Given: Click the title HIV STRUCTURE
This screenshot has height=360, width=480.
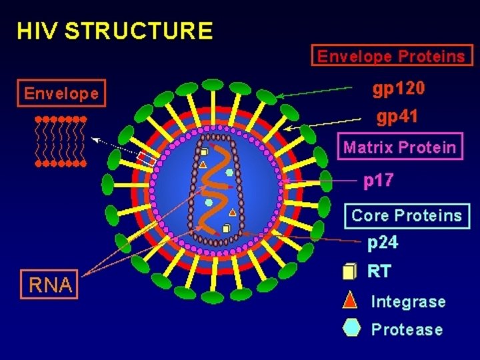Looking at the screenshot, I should point(115,31).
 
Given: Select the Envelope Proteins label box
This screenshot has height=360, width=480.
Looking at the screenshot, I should point(391,56).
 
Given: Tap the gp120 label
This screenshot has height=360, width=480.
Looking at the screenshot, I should point(398,89).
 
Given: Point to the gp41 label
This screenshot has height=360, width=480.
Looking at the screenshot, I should point(397,118).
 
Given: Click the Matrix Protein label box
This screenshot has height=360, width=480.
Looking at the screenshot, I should point(400,147).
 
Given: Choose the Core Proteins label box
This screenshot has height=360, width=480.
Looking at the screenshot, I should point(407,215).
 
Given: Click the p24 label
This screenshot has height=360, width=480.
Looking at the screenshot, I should point(383,243).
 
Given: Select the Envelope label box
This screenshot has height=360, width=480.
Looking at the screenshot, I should point(61,93).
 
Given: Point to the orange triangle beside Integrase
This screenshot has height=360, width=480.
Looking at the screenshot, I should point(350,301).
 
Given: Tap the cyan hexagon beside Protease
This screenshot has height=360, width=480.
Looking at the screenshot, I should point(351,329).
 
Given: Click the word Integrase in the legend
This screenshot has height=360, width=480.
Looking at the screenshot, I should point(408,301).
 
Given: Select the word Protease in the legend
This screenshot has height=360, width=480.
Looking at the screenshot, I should point(407,329).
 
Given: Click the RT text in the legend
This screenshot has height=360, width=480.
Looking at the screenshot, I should point(379,272).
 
